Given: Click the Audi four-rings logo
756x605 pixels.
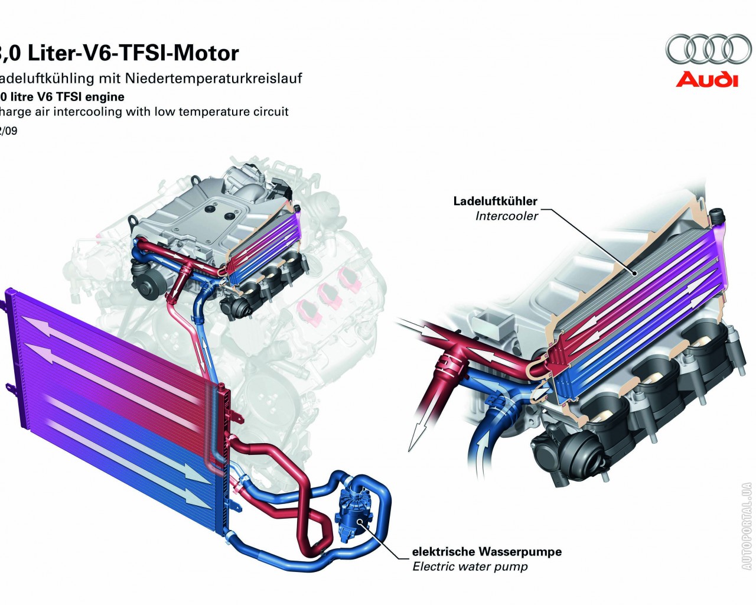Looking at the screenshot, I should coord(708,48).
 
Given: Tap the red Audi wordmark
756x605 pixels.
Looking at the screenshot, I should coord(707,79).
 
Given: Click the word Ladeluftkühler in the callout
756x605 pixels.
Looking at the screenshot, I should coord(495,201).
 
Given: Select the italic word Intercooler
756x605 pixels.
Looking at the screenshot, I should coord(507,216).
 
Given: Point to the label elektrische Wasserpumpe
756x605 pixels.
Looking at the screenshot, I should coord(487,552).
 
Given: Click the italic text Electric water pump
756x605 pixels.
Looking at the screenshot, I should coord(470,567).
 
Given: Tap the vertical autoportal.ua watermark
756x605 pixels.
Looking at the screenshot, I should coord(747,526).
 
